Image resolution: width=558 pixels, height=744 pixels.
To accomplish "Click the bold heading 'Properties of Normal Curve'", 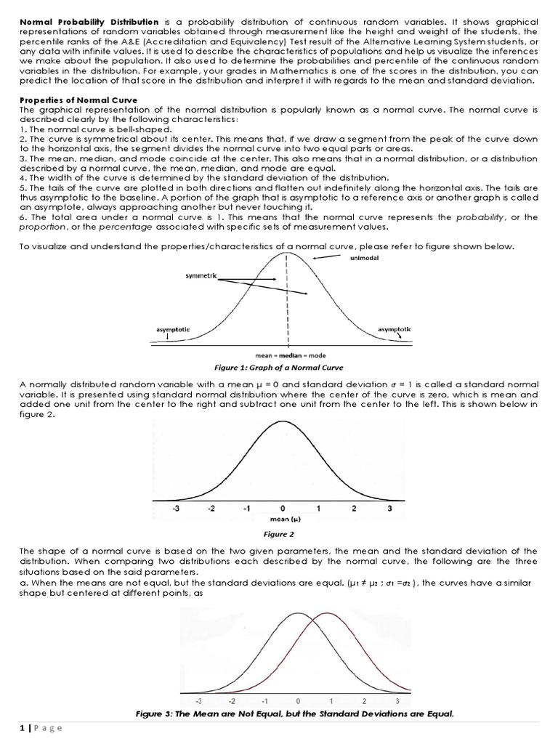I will click(73, 100).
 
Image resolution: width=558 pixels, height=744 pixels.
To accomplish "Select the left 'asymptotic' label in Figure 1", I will click(173, 329).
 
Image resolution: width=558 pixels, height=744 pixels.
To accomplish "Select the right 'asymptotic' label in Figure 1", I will click(395, 329).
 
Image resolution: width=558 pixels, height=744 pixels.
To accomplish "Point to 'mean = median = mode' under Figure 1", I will click(288, 356).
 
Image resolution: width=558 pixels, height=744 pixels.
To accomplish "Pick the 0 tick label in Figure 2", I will click(283, 509).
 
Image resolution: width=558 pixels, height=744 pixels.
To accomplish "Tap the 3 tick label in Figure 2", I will click(389, 509).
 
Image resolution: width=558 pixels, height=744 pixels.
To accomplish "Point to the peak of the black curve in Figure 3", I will click(298, 614).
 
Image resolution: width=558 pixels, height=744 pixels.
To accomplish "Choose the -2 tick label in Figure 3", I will click(232, 703).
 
